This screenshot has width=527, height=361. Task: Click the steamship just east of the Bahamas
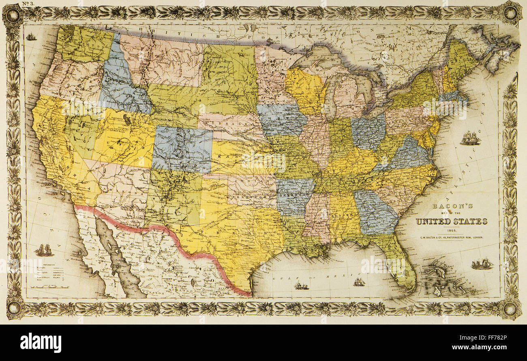click(482, 264)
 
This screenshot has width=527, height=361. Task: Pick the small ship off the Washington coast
click(31, 37)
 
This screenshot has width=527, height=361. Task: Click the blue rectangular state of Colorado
click(182, 149)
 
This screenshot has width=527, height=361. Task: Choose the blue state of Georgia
click(375, 212)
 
